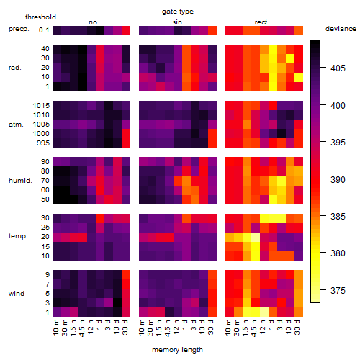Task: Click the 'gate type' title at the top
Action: click(178, 12)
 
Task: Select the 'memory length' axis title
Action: click(177, 350)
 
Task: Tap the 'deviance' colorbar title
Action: click(341, 29)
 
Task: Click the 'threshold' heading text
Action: click(40, 17)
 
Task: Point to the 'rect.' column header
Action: click(262, 22)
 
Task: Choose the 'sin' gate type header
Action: click(177, 22)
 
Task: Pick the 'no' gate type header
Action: click(93, 22)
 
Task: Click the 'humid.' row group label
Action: click(20, 181)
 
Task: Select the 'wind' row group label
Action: click(17, 294)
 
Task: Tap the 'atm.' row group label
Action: click(16, 125)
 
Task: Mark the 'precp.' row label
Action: click(19, 29)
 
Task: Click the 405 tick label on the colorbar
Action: click(338, 68)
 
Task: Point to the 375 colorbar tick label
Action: click(338, 291)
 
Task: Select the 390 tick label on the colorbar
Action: click(338, 179)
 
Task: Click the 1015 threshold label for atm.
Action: click(41, 106)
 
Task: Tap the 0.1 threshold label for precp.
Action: click(44, 30)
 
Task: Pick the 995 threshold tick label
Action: click(43, 143)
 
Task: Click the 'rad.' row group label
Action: click(15, 68)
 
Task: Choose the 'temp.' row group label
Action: click(18, 236)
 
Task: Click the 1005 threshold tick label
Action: click(41, 125)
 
